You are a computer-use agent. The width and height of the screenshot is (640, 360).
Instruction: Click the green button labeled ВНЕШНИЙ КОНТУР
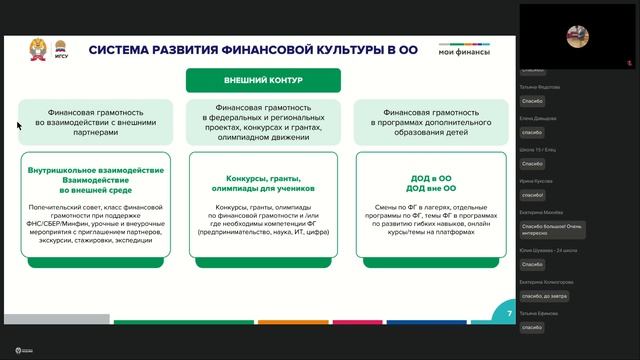click(262, 81)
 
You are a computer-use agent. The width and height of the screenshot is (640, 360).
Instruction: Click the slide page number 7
click(509, 314)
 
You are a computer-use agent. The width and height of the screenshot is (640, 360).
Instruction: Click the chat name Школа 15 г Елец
click(538, 149)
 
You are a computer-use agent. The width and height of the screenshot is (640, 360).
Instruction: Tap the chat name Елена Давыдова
click(538, 118)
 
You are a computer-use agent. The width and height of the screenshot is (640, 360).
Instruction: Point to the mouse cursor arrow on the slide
click(18, 125)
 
